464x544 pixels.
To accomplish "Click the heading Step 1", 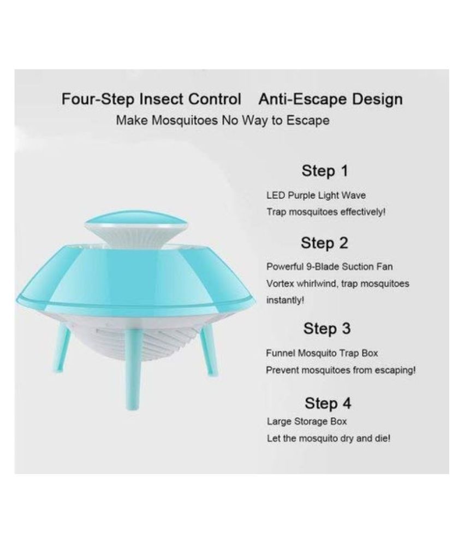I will [324, 171].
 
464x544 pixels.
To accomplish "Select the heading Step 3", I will [327, 329].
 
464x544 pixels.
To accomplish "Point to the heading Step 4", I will [328, 403].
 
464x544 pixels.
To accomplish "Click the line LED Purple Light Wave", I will [316, 195].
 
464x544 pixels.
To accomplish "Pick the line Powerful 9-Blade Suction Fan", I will [329, 267].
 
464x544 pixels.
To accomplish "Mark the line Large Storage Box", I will [307, 422].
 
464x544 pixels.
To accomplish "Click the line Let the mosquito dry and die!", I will [329, 438].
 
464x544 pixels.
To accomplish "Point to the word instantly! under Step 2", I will [285, 300].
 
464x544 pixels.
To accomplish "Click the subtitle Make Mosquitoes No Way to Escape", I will [223, 120].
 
